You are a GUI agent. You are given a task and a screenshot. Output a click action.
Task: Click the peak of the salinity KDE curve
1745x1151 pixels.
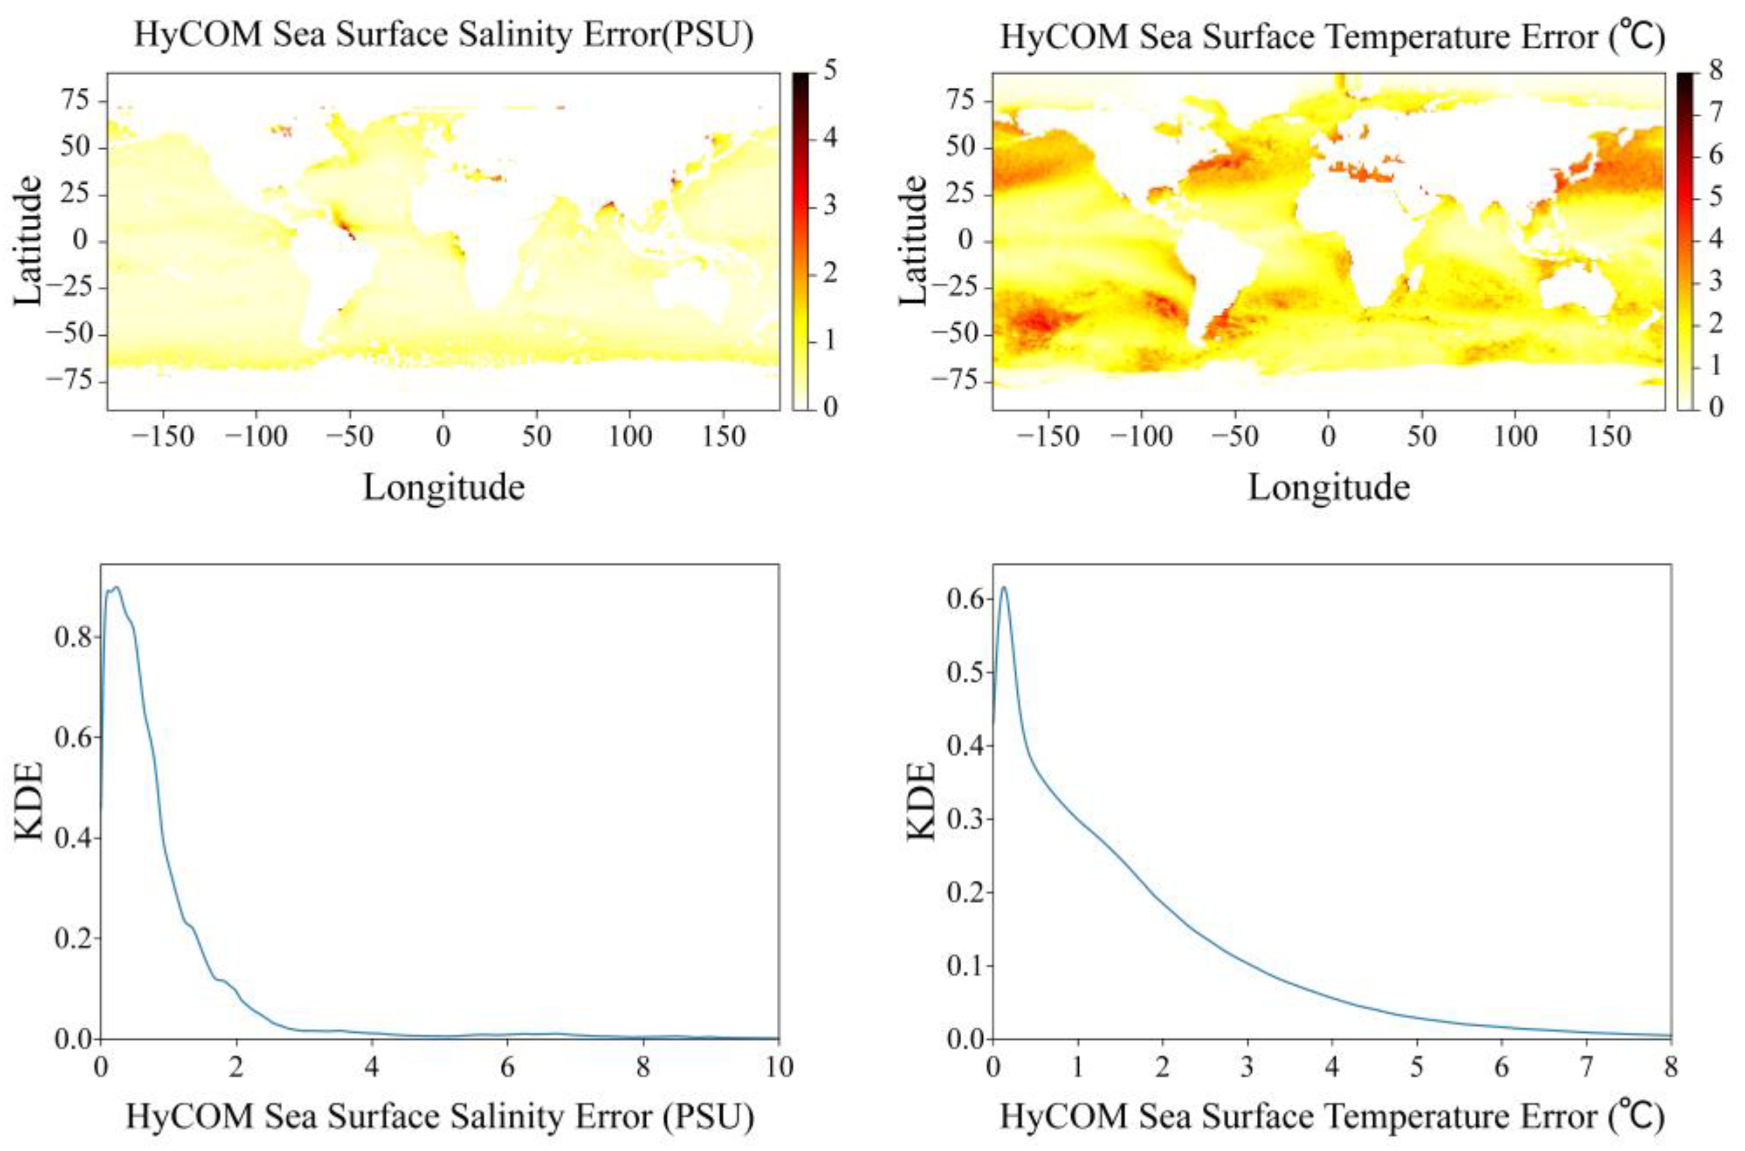[115, 587]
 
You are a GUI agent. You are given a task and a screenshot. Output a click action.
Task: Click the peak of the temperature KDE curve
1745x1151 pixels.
[1004, 587]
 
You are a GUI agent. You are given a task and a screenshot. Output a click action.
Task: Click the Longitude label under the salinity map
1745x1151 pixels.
[443, 488]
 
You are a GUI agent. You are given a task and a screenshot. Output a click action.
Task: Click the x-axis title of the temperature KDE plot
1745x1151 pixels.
[1330, 1117]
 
